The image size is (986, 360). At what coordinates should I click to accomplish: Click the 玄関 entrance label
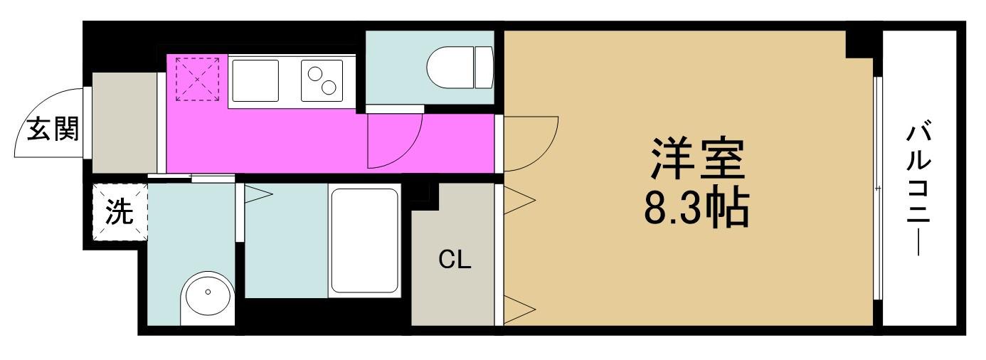[x=53, y=129]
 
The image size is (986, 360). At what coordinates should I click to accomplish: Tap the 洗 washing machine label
[x=120, y=213]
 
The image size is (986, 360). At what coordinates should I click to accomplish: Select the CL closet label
[x=455, y=260]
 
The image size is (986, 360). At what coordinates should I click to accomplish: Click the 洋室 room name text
[x=697, y=159]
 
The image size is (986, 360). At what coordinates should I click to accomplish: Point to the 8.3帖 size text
[x=696, y=208]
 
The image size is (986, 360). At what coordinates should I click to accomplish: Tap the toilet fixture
[x=460, y=68]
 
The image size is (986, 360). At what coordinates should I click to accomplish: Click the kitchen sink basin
[x=255, y=80]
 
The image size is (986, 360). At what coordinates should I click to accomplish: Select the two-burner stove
[x=322, y=80]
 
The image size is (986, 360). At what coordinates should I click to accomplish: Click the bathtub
[x=364, y=240]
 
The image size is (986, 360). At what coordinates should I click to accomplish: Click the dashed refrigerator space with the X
[x=198, y=79]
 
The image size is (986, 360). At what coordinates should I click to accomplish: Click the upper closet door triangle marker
[x=519, y=200]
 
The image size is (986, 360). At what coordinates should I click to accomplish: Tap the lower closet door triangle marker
[x=519, y=309]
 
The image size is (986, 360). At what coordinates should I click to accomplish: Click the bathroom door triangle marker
[x=258, y=194]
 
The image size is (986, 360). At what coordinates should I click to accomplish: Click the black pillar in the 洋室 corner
[x=859, y=44]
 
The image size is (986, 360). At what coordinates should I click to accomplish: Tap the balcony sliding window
[x=878, y=189]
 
